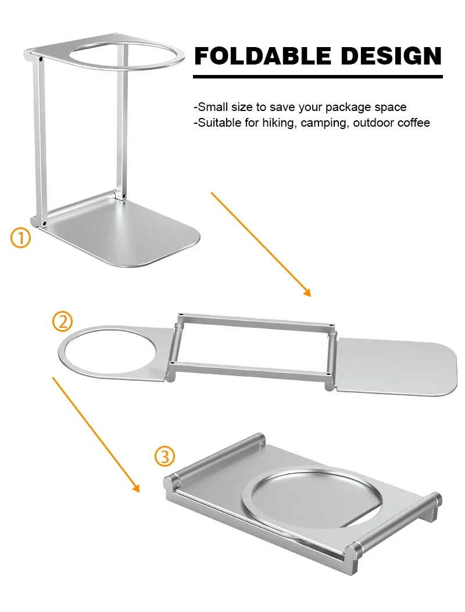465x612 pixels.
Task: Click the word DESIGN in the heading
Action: (x=391, y=56)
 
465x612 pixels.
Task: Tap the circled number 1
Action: (x=21, y=238)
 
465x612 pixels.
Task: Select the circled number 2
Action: (x=63, y=321)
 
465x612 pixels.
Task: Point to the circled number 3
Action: (x=164, y=456)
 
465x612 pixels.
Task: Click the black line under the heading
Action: (x=317, y=76)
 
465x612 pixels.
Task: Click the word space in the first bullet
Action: (x=391, y=107)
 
